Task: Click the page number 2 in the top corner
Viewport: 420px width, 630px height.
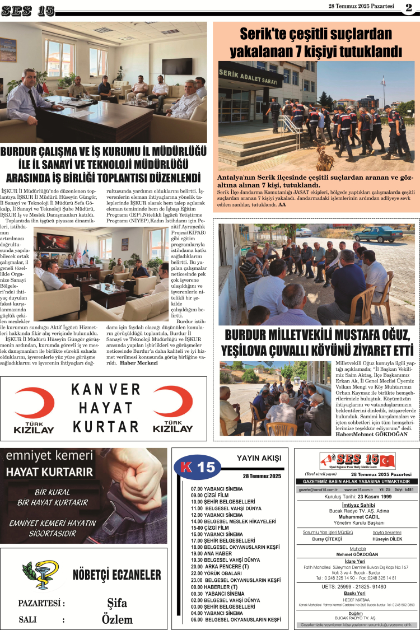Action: [x=409, y=7]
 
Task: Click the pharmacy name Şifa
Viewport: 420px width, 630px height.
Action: [x=116, y=603]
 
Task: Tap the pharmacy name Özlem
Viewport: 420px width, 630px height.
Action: [x=117, y=619]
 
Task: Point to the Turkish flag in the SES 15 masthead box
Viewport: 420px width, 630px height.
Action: [x=388, y=461]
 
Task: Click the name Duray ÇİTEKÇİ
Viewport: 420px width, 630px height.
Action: [x=328, y=539]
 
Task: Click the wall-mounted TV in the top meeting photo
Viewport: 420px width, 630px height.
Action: [x=176, y=67]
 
